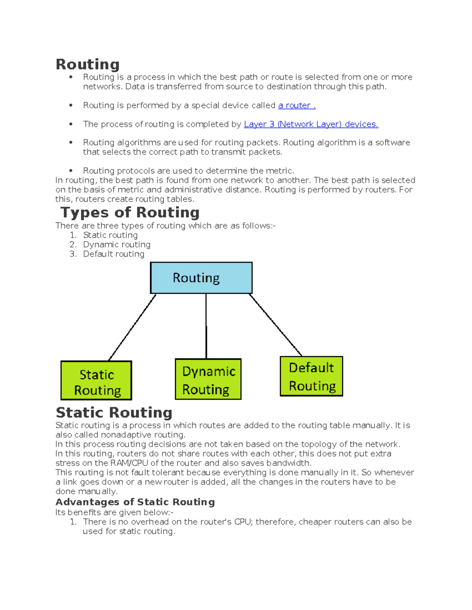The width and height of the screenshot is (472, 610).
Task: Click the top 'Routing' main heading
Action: (87, 64)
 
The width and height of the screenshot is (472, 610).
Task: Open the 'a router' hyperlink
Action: (297, 105)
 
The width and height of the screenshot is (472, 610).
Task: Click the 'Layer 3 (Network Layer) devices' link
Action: (311, 124)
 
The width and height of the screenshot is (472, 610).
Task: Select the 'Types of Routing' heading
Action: (130, 212)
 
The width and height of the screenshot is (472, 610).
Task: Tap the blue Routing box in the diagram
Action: (201, 278)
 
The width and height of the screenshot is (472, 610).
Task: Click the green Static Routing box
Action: (96, 381)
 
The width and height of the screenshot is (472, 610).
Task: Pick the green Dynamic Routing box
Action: (208, 379)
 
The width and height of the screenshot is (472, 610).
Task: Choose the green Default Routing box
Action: (311, 376)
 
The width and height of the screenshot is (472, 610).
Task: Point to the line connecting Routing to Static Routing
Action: (132, 327)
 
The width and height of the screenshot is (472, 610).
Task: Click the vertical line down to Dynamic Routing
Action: (206, 326)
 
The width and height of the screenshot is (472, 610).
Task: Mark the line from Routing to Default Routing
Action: (275, 325)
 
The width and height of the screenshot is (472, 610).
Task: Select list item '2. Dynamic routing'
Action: (116, 245)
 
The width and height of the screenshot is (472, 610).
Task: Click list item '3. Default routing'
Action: (113, 254)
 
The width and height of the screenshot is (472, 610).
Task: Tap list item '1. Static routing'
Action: (110, 235)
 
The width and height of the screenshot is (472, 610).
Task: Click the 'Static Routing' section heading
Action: (114, 412)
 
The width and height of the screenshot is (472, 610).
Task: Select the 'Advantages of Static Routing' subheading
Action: (135, 502)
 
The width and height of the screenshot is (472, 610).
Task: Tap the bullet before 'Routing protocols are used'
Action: (71, 171)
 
